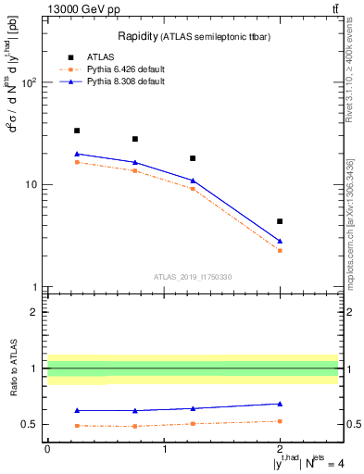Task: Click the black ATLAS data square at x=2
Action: point(280,221)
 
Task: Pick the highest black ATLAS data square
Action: point(77,131)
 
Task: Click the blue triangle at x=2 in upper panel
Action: point(280,241)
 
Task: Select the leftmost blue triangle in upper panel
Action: point(77,154)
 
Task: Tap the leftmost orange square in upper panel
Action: point(77,162)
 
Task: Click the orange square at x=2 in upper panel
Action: point(280,251)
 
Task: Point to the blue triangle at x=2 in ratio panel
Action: point(280,404)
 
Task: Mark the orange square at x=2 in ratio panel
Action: point(280,421)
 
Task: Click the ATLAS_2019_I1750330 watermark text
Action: point(193,277)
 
